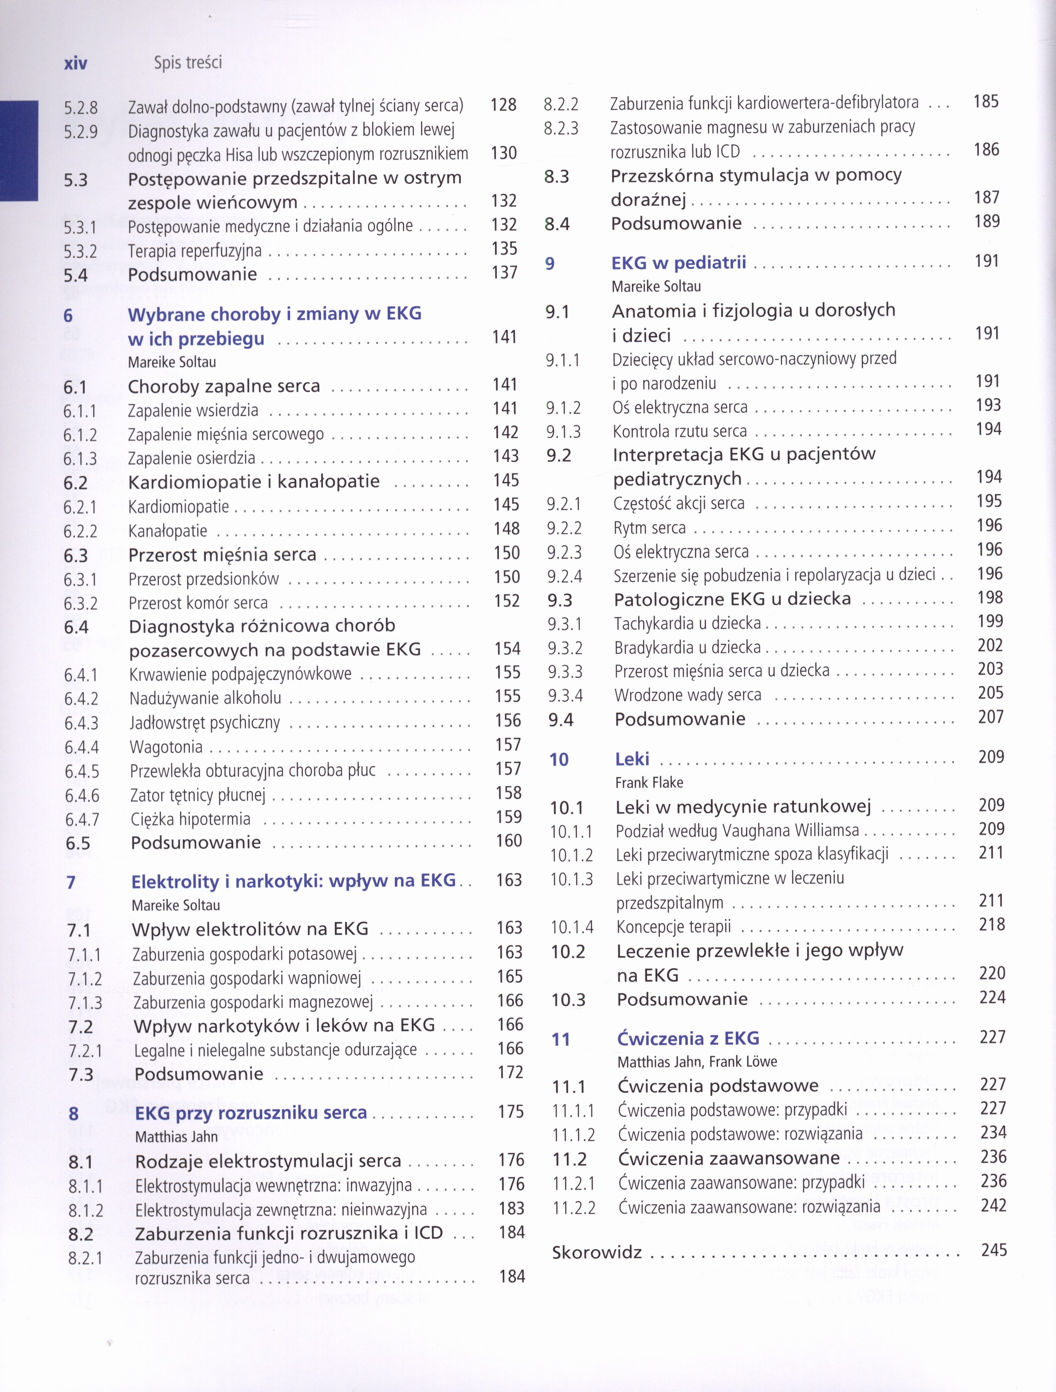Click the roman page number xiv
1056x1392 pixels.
pyautogui.click(x=75, y=63)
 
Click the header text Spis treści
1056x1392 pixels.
pyautogui.click(x=188, y=62)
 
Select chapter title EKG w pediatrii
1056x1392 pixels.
pyautogui.click(x=678, y=262)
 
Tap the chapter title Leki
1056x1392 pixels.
pyautogui.click(x=632, y=759)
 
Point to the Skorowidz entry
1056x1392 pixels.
pyautogui.click(x=596, y=1252)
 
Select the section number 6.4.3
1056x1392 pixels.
pyautogui.click(x=81, y=723)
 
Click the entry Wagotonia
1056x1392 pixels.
pyautogui.click(x=166, y=747)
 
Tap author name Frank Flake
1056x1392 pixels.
pyautogui.click(x=648, y=782)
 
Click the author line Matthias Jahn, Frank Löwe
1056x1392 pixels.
pyautogui.click(x=697, y=1061)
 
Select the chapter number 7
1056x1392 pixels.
pyautogui.click(x=71, y=882)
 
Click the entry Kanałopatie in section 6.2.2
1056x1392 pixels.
pyautogui.click(x=167, y=531)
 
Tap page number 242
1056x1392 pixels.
pyautogui.click(x=993, y=1205)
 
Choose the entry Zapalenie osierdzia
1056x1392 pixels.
pyautogui.click(x=191, y=458)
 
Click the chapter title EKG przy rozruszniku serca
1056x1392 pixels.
pyautogui.click(x=250, y=1112)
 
